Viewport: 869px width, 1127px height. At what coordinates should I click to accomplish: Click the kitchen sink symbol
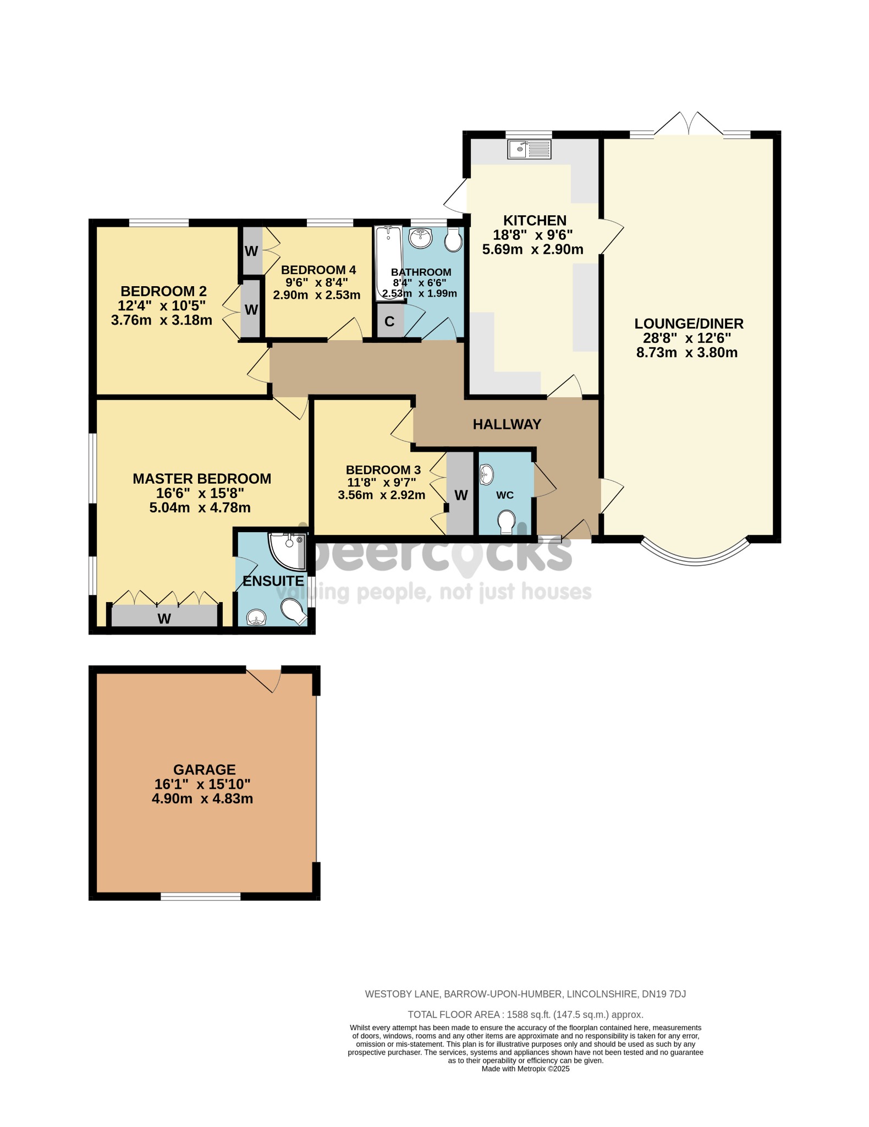(x=529, y=149)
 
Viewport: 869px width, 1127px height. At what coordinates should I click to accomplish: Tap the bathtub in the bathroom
(x=389, y=263)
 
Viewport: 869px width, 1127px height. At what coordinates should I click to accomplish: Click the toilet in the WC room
(x=505, y=521)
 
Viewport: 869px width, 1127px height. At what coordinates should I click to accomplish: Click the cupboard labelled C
(x=389, y=321)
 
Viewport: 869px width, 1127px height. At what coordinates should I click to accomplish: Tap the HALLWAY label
(x=507, y=424)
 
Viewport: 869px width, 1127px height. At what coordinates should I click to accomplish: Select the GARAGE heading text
(x=204, y=769)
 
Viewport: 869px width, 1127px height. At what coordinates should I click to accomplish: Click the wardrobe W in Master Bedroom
(x=164, y=618)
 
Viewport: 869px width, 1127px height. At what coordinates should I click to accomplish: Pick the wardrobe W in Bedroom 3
(x=460, y=495)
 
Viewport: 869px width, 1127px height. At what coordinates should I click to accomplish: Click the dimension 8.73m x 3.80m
(x=686, y=353)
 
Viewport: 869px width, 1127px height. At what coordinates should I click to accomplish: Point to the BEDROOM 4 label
(x=318, y=270)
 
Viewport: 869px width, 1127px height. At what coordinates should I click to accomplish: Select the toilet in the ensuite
(x=294, y=612)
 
